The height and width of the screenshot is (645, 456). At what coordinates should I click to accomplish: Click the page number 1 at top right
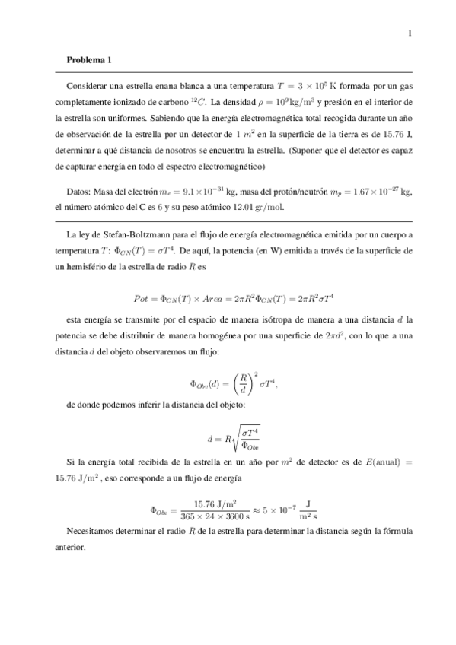coord(410,32)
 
